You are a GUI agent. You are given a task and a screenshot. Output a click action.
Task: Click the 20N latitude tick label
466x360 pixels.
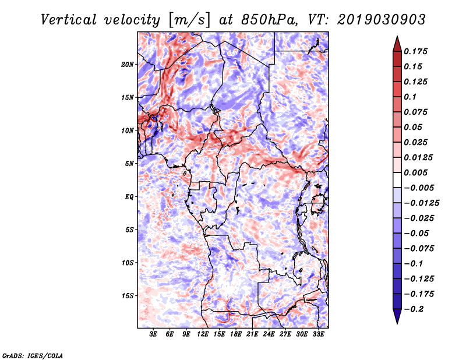click(128, 64)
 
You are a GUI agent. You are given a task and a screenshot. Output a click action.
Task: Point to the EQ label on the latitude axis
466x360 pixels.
click(129, 196)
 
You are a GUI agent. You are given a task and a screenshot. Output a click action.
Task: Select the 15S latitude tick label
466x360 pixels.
click(128, 295)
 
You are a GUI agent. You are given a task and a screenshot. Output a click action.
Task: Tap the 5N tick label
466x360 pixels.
click(129, 163)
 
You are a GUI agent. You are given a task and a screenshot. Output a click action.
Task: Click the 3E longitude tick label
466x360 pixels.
click(154, 334)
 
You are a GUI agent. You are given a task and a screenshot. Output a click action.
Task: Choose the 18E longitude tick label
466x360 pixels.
click(235, 334)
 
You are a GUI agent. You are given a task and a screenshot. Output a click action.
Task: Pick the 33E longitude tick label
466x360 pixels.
click(317, 334)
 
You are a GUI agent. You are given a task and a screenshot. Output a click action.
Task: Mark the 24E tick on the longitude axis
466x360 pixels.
click(268, 334)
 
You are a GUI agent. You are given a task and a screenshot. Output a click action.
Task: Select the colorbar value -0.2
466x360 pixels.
click(416, 309)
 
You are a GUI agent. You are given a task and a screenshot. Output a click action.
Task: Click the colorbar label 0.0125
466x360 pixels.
click(419, 157)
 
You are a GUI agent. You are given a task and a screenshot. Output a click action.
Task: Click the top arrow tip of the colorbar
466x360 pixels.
click(397, 37)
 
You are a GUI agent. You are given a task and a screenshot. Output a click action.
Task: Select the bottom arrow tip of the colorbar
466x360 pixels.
click(397, 322)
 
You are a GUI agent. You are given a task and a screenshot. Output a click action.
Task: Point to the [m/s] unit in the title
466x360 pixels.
click(188, 19)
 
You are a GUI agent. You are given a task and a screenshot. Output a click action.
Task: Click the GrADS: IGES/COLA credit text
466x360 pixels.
click(33, 355)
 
